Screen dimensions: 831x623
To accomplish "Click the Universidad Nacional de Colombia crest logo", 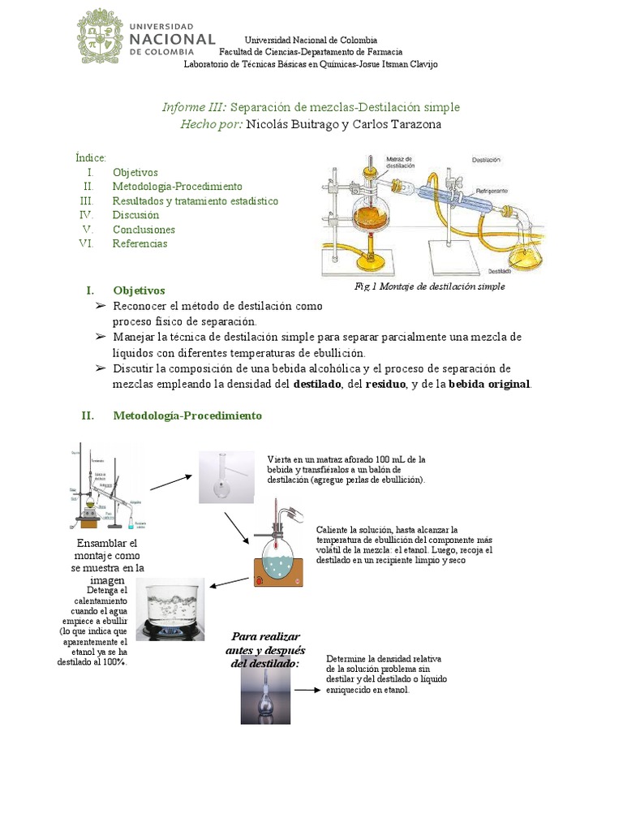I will pyautogui.click(x=100, y=37).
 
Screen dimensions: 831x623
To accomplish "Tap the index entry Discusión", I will pyautogui.click(x=135, y=215).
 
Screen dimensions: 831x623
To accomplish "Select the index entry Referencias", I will pyautogui.click(x=140, y=243).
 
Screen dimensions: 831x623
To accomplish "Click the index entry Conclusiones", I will pyautogui.click(x=144, y=230).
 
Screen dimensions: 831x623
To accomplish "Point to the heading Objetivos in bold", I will pyautogui.click(x=139, y=290).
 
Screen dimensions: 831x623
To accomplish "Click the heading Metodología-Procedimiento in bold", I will pyautogui.click(x=187, y=415).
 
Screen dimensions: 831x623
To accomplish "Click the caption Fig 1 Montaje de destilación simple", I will pyautogui.click(x=430, y=286).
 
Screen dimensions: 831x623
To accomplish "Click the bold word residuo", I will pyautogui.click(x=385, y=384).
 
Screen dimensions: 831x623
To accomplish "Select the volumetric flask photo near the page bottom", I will pyautogui.click(x=264, y=691).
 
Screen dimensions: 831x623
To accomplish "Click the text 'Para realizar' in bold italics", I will pyautogui.click(x=265, y=636).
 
